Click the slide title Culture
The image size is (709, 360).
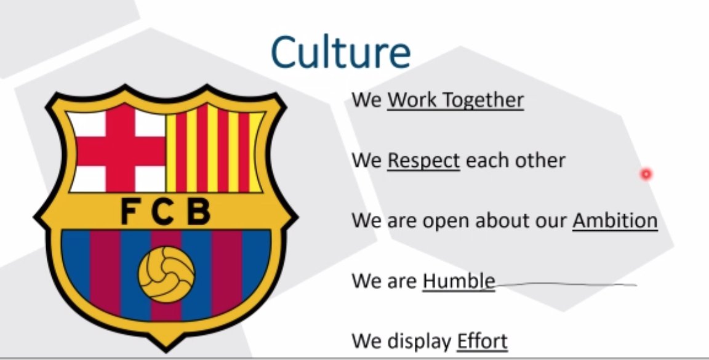[340, 53]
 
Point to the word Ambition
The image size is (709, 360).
[615, 220]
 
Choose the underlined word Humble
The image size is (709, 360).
[459, 281]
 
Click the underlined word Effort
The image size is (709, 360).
[483, 340]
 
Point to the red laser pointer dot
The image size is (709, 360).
[646, 174]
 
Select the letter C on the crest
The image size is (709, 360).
[163, 212]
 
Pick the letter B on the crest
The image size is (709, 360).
[198, 212]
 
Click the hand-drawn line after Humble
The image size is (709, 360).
[566, 284]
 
